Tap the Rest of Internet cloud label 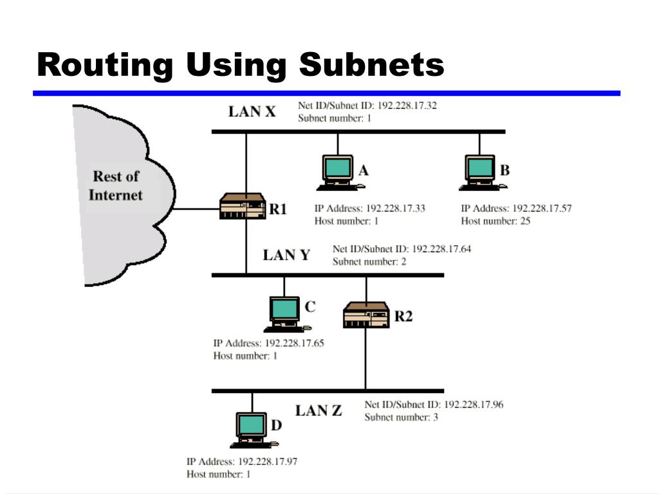(x=115, y=185)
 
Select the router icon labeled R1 (x=242, y=206)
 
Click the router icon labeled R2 (x=366, y=315)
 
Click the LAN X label (x=252, y=112)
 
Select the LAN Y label (x=286, y=255)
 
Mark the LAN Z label (x=319, y=410)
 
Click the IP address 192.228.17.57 (x=541, y=208)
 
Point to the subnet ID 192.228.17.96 (x=474, y=405)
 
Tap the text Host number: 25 (x=495, y=221)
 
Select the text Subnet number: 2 (x=369, y=262)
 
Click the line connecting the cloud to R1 (x=196, y=208)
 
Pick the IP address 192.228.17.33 (x=395, y=208)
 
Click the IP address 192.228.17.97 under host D (x=268, y=462)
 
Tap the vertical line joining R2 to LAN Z (x=366, y=360)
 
